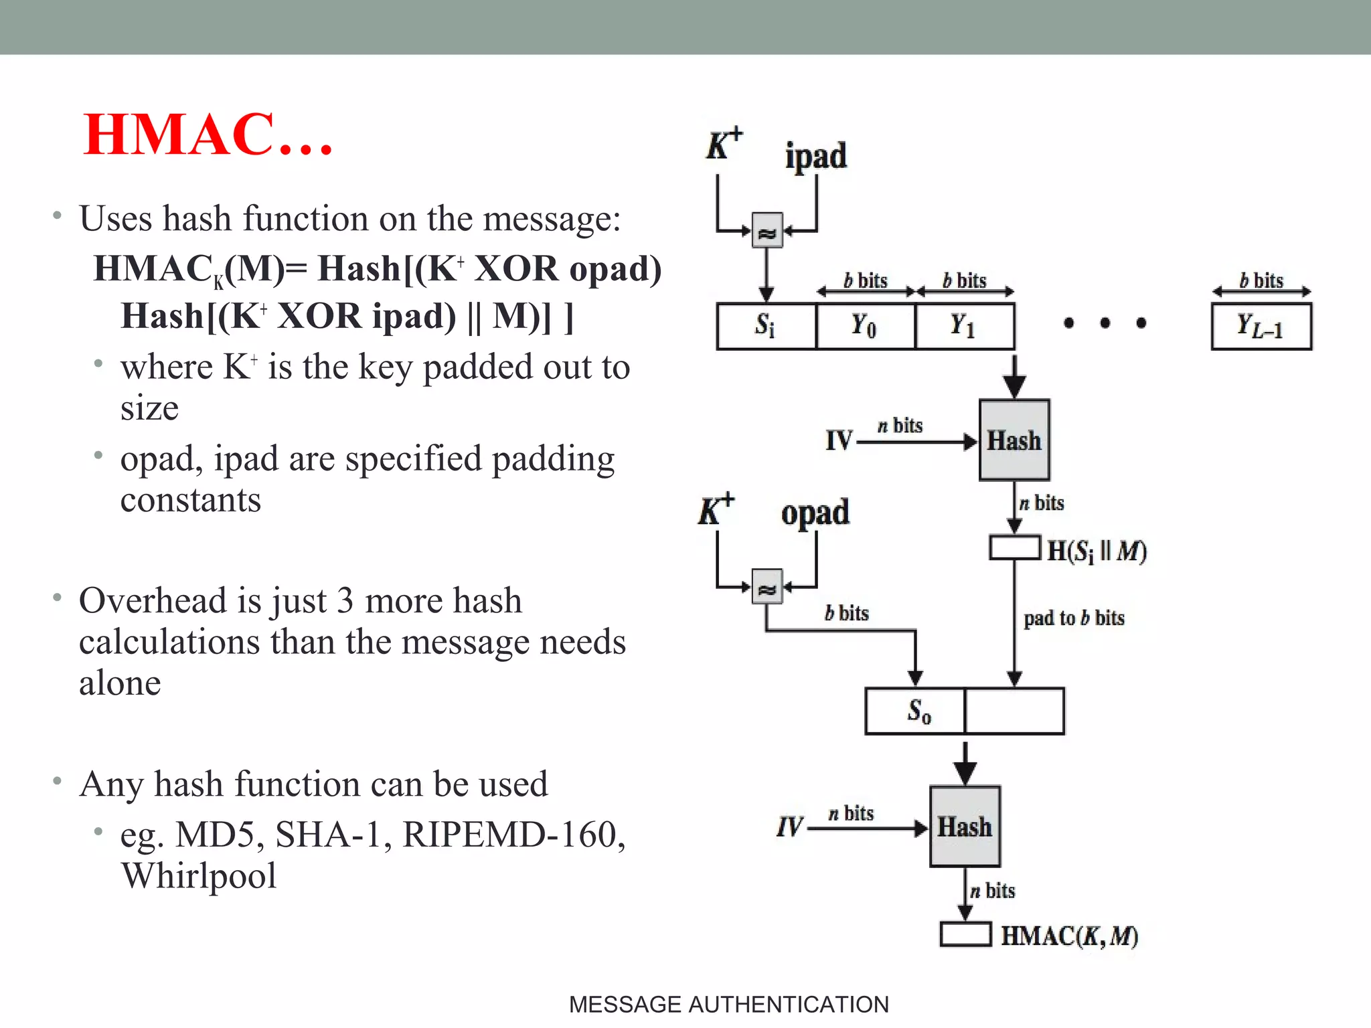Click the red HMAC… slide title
[208, 135]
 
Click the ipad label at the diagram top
[815, 157]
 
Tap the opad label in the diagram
[815, 513]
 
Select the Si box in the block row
[766, 326]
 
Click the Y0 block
[864, 326]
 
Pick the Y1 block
[964, 326]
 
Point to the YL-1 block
[1261, 326]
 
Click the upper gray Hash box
[1014, 440]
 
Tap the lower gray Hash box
[964, 827]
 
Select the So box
[914, 711]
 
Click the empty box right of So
[1014, 711]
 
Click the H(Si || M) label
[1097, 551]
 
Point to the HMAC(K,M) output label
[1069, 936]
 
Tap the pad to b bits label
[1074, 618]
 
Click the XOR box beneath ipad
[767, 232]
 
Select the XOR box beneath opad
[767, 587]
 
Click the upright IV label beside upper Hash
[839, 440]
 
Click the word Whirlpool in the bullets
[199, 875]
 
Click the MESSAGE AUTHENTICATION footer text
[728, 1005]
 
